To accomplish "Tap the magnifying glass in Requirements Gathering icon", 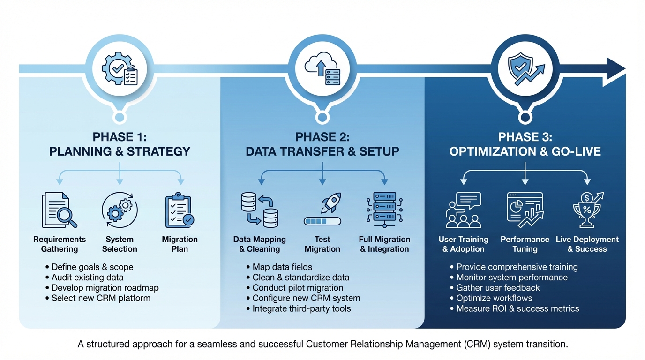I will pyautogui.click(x=66, y=216).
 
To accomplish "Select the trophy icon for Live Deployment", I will pyautogui.click(x=587, y=210).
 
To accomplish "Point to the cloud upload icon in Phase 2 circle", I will pyautogui.click(x=317, y=66).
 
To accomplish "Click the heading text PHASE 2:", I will pyautogui.click(x=322, y=137).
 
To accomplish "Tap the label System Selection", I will pyautogui.click(x=120, y=244).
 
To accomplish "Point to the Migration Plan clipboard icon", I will pyautogui.click(x=180, y=211).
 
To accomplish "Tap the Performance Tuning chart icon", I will pyautogui.click(x=525, y=210).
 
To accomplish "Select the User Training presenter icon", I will pyautogui.click(x=463, y=210).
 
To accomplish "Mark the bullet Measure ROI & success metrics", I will pyautogui.click(x=517, y=308).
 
